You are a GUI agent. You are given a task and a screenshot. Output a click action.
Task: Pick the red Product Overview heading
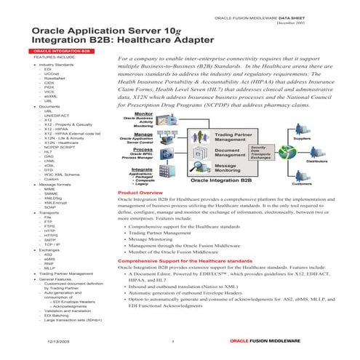pos(144,192)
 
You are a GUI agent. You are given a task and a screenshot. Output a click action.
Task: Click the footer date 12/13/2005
pos(60,341)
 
